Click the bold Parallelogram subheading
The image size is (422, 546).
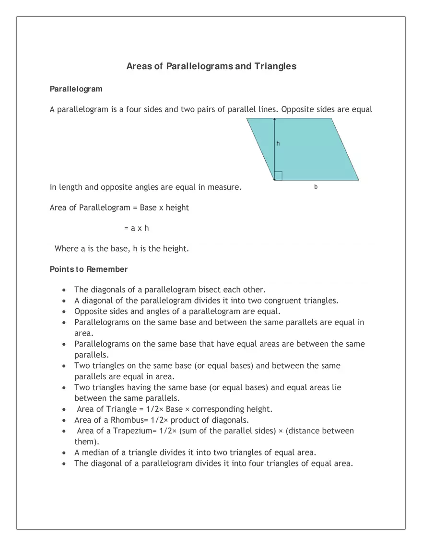tap(76, 89)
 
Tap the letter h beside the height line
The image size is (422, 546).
tap(278, 143)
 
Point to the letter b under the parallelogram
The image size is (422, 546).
tap(316, 187)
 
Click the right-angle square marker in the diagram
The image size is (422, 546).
tap(278, 176)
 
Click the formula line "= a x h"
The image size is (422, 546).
tap(137, 228)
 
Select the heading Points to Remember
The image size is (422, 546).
tap(89, 269)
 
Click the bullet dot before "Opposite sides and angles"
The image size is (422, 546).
tap(64, 312)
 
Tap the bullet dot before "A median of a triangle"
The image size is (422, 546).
tap(64, 453)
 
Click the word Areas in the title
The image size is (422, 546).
tap(139, 66)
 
